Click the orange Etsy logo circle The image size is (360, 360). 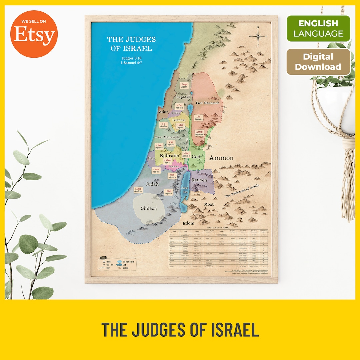[34, 34]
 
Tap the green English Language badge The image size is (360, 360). [318, 28]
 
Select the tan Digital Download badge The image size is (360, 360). [318, 62]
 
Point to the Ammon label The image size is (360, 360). [221, 158]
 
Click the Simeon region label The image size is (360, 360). [149, 208]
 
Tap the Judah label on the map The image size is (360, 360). [152, 184]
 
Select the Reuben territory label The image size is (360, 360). [199, 180]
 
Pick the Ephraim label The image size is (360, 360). [169, 156]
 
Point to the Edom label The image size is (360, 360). [188, 223]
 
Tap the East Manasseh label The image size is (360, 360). [207, 103]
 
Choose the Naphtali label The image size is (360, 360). [183, 97]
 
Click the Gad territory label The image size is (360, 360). [196, 157]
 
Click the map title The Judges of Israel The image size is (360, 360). [131, 44]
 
